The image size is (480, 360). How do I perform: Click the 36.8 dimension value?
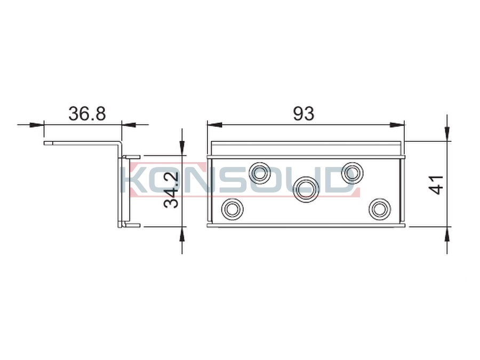pyautogui.click(x=87, y=114)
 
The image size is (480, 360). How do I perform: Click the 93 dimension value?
pyautogui.click(x=303, y=114)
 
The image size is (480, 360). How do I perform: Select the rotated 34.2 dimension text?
pyautogui.click(x=171, y=190)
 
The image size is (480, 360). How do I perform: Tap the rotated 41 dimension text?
pyautogui.click(x=437, y=185)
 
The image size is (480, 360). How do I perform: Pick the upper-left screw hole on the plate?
pyautogui.click(x=260, y=173)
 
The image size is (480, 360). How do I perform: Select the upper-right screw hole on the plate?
pyautogui.click(x=352, y=173)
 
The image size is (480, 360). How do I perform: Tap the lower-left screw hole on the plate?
pyautogui.click(x=232, y=209)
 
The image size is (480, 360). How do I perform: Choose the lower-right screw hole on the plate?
pyautogui.click(x=380, y=209)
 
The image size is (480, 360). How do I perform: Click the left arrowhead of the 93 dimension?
pyautogui.click(x=214, y=125)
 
